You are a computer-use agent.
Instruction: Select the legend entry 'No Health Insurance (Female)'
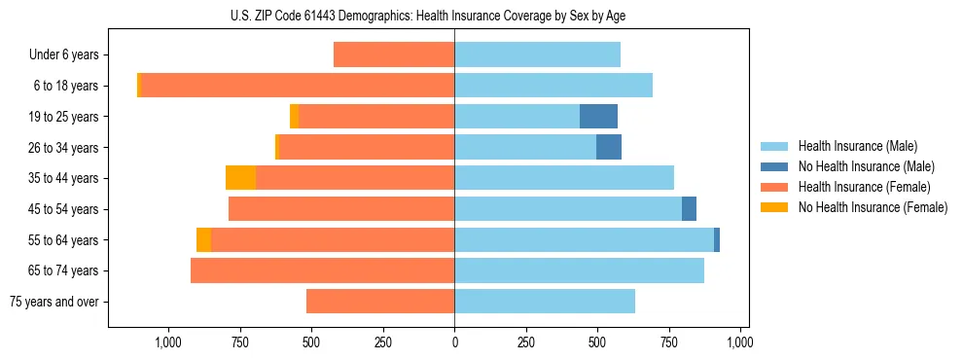873,207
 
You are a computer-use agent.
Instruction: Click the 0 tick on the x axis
454,342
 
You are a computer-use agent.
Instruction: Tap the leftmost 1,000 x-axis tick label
168,342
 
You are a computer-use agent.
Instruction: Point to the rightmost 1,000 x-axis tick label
740,342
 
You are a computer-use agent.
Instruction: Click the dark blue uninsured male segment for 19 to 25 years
598,117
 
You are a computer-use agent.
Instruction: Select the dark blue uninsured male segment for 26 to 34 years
609,148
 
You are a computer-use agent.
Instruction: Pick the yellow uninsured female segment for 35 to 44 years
240,178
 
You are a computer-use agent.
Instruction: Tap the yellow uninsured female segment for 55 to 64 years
203,240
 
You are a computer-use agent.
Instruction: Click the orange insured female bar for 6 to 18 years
297,86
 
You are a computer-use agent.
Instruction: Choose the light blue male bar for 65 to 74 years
579,270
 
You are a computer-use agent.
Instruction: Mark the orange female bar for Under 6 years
394,55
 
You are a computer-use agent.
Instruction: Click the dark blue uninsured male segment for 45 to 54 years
689,209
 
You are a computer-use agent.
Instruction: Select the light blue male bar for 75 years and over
545,302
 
